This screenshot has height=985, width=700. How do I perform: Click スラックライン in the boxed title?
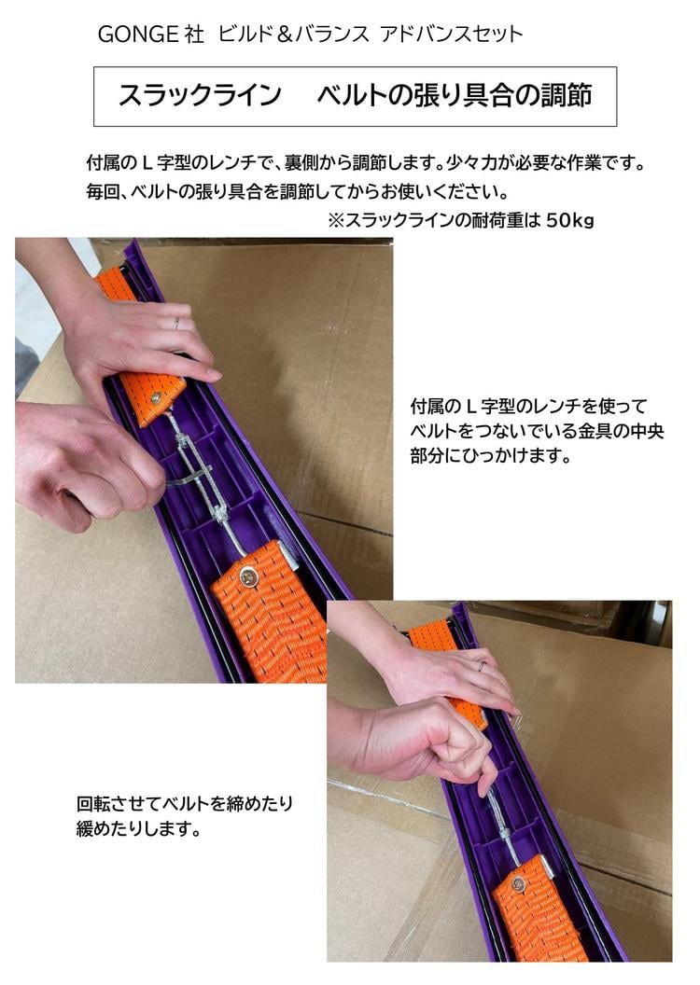pyautogui.click(x=199, y=96)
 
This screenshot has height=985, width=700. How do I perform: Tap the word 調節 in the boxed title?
pyautogui.click(x=565, y=96)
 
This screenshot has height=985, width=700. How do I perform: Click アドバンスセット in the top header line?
pyautogui.click(x=452, y=35)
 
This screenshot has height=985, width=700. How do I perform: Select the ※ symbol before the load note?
pyautogui.click(x=336, y=221)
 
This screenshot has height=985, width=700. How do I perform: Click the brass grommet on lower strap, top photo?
pyautogui.click(x=249, y=577)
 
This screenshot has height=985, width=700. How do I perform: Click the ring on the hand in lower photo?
pyautogui.click(x=481, y=666)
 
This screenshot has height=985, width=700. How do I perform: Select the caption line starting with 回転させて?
pyautogui.click(x=191, y=803)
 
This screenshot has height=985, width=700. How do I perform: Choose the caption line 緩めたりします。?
pyautogui.click(x=138, y=828)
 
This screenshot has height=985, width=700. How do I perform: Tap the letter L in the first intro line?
pyautogui.click(x=146, y=164)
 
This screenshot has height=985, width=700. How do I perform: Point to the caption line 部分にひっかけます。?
pyautogui.click(x=490, y=458)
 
